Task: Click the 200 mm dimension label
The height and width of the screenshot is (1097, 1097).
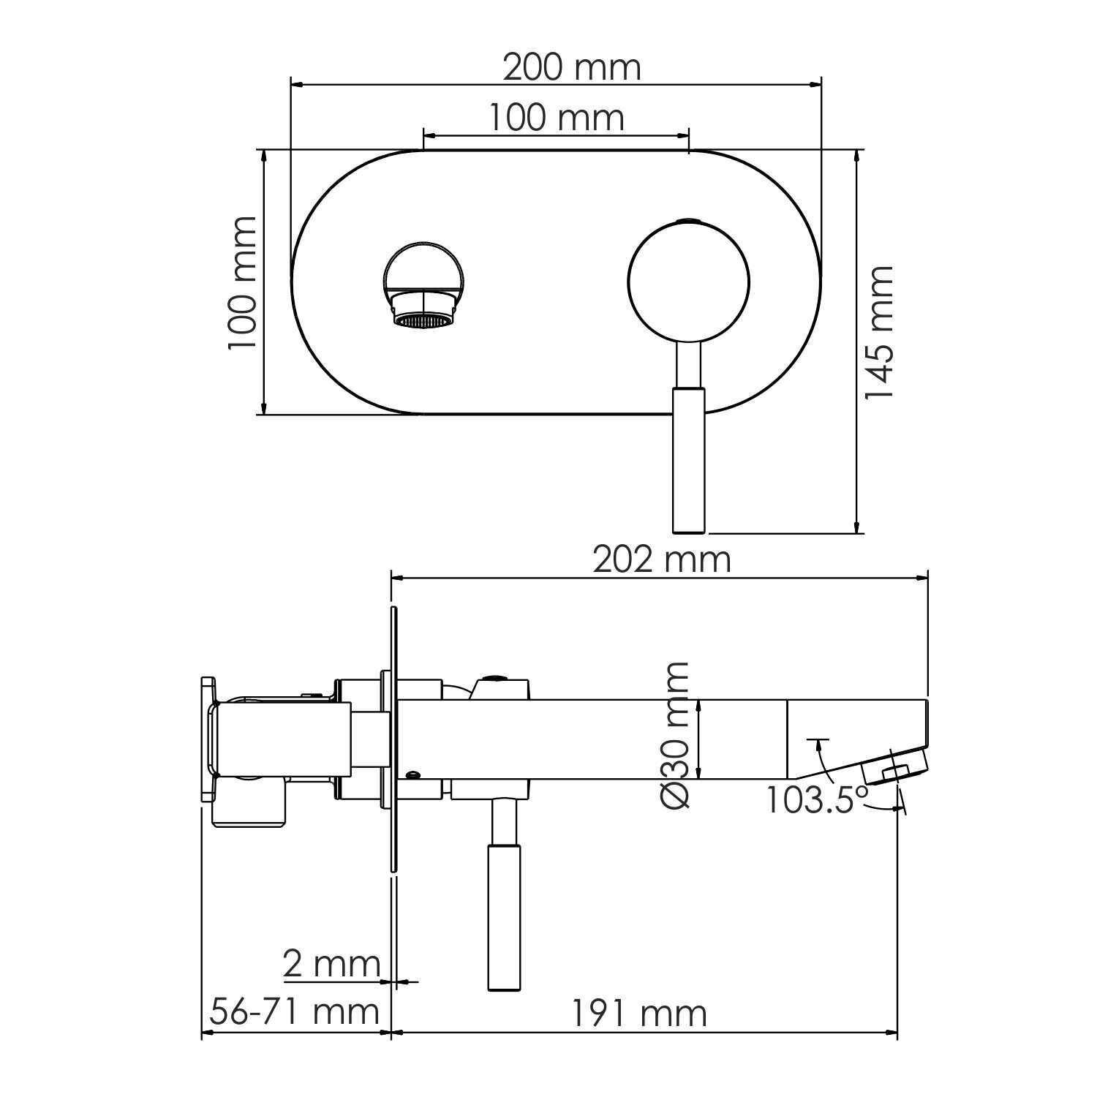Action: tap(572, 68)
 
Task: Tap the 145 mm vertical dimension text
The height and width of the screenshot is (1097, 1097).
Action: tap(879, 333)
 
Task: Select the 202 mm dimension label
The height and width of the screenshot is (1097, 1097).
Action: tap(662, 560)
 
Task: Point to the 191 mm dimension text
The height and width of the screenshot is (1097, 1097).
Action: tap(639, 1014)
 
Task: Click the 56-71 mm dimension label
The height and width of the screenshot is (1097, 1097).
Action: tap(295, 1012)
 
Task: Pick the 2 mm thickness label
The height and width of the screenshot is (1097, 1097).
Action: tap(332, 965)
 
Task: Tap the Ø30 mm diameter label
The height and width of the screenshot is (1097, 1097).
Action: tap(674, 735)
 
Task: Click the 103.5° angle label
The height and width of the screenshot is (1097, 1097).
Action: tap(818, 799)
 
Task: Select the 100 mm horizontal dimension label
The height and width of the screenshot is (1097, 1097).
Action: tap(557, 118)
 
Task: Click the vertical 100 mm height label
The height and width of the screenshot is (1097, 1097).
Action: tap(243, 283)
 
